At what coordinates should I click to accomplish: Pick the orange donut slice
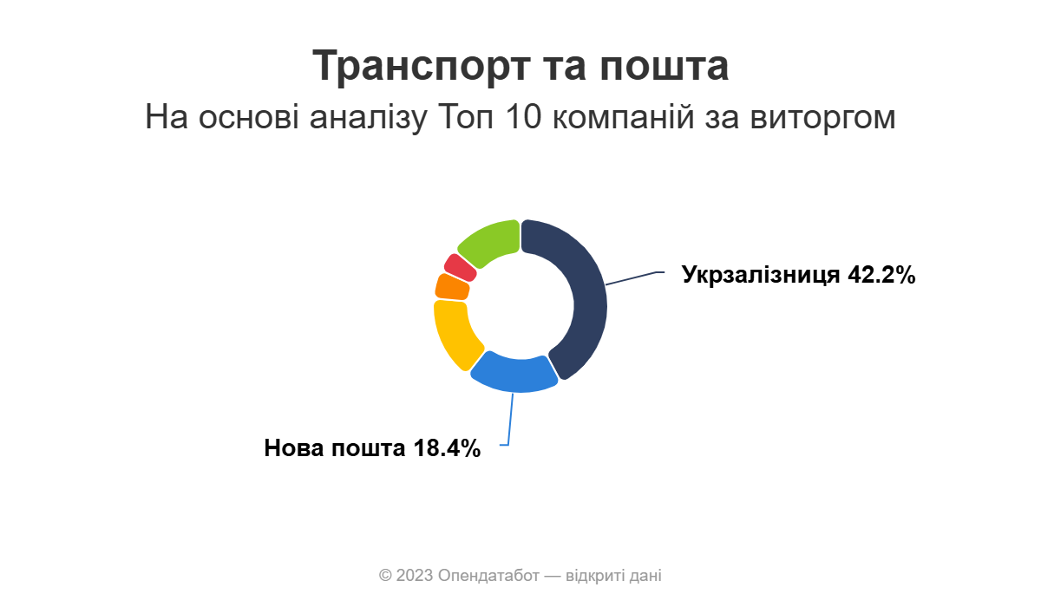pos(452,287)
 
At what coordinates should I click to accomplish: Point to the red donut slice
pos(460,267)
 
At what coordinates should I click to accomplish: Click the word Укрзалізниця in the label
pos(761,275)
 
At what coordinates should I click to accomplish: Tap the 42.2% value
pos(881,275)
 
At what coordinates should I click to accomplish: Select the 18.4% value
pos(447,448)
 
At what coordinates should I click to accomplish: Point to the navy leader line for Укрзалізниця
pos(635,277)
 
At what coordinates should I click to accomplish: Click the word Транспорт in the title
pos(422,66)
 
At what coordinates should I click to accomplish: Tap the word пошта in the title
pos(665,66)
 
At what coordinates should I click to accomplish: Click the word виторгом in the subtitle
pos(822,117)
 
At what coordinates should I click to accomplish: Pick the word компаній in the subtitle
pos(623,116)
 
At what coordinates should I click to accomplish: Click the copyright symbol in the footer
pos(385,576)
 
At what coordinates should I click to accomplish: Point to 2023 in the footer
pos(415,576)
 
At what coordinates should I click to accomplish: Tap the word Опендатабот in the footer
pos(488,576)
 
